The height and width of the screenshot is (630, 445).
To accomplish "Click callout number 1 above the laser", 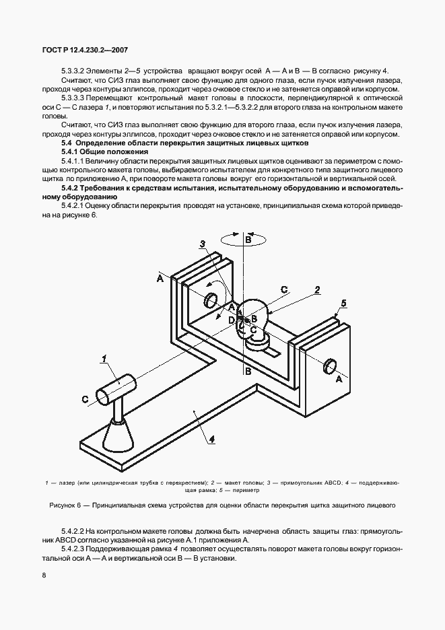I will (105, 357).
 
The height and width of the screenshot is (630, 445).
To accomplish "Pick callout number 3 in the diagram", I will (201, 243).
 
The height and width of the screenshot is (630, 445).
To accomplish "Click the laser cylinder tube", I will (116, 388).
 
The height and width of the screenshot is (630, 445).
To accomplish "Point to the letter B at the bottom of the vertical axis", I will (248, 370).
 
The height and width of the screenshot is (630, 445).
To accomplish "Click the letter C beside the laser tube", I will (85, 399).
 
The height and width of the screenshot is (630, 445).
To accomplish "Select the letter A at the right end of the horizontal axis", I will (339, 380).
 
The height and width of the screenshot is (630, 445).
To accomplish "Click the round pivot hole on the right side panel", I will (330, 365).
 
